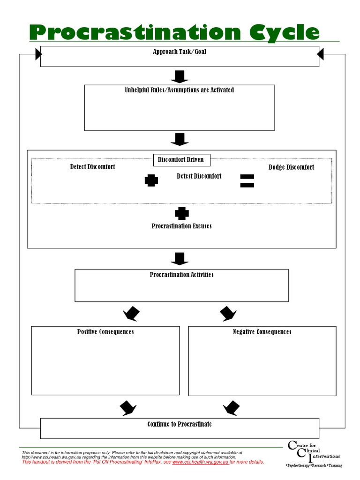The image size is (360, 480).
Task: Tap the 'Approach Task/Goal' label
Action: tap(179, 52)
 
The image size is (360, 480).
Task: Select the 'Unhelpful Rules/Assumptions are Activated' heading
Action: tap(179, 90)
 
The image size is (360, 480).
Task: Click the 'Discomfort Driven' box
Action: tap(181, 160)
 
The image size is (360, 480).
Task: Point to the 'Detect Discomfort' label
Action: tap(92, 167)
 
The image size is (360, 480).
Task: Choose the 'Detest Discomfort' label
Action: tap(199, 176)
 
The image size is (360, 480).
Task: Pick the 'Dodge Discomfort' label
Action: tap(291, 167)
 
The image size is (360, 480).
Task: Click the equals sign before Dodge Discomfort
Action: tap(247, 181)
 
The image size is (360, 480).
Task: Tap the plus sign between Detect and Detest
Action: tap(151, 180)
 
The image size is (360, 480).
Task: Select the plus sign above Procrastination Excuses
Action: tap(181, 214)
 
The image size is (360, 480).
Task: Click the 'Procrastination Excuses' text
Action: tap(181, 226)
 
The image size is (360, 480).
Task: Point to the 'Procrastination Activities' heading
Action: tap(181, 275)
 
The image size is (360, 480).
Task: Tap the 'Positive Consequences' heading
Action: tap(105, 332)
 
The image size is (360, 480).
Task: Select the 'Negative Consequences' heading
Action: tap(262, 332)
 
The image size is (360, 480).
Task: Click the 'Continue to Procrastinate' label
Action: tap(180, 424)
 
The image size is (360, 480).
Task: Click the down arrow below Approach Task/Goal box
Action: tap(180, 76)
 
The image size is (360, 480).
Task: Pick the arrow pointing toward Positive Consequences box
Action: tap(131, 314)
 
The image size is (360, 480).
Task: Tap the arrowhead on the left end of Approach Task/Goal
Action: tap(38, 55)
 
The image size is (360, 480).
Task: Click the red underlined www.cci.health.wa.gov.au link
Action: tap(201, 462)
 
